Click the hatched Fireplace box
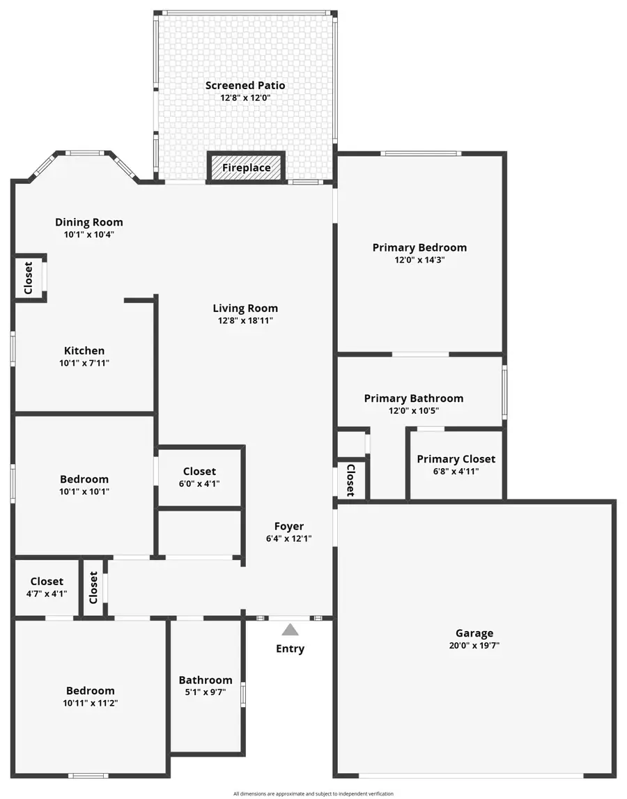click(246, 167)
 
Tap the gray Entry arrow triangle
click(290, 630)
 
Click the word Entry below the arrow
click(290, 649)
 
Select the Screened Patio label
click(245, 86)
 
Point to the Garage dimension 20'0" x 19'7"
click(474, 646)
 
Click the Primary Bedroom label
click(419, 247)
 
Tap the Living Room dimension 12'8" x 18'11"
click(245, 321)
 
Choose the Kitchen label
click(84, 350)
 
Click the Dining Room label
click(89, 222)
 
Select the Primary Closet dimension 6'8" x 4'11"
click(456, 472)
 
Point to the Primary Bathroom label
click(414, 398)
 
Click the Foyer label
click(288, 527)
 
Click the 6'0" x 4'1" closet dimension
click(200, 483)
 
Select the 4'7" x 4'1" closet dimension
click(47, 594)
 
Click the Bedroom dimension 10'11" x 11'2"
click(91, 704)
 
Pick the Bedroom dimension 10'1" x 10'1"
click(84, 492)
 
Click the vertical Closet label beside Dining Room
click(29, 277)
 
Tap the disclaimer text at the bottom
click(313, 793)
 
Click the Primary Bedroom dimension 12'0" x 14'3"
click(419, 260)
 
